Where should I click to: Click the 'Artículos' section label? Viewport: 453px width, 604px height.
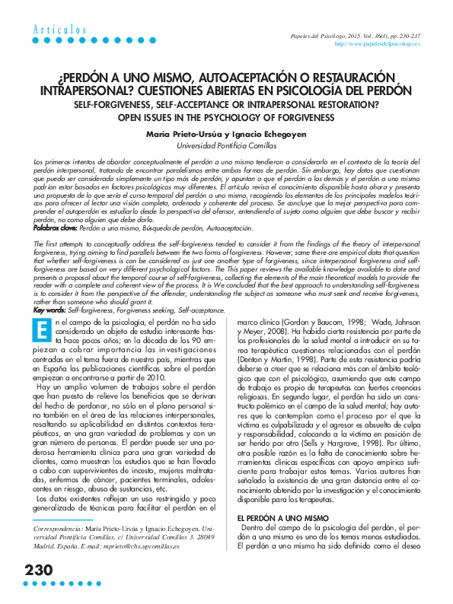click(59, 29)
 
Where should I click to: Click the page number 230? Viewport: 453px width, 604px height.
click(38, 569)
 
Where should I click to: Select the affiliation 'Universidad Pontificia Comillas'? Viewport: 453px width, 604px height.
click(226, 145)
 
